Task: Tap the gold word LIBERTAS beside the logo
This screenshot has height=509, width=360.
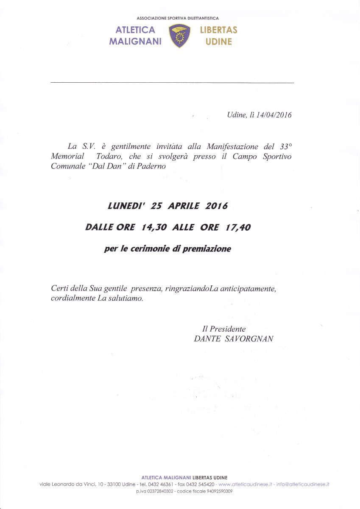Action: pyautogui.click(x=218, y=30)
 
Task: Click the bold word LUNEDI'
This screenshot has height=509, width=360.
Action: pyautogui.click(x=126, y=206)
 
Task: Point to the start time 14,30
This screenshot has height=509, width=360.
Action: pyautogui.click(x=155, y=227)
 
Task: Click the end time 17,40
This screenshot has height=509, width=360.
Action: pyautogui.click(x=237, y=227)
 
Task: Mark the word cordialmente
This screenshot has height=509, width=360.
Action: pyautogui.click(x=71, y=299)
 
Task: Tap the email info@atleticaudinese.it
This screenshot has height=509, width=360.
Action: pyautogui.click(x=303, y=484)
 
